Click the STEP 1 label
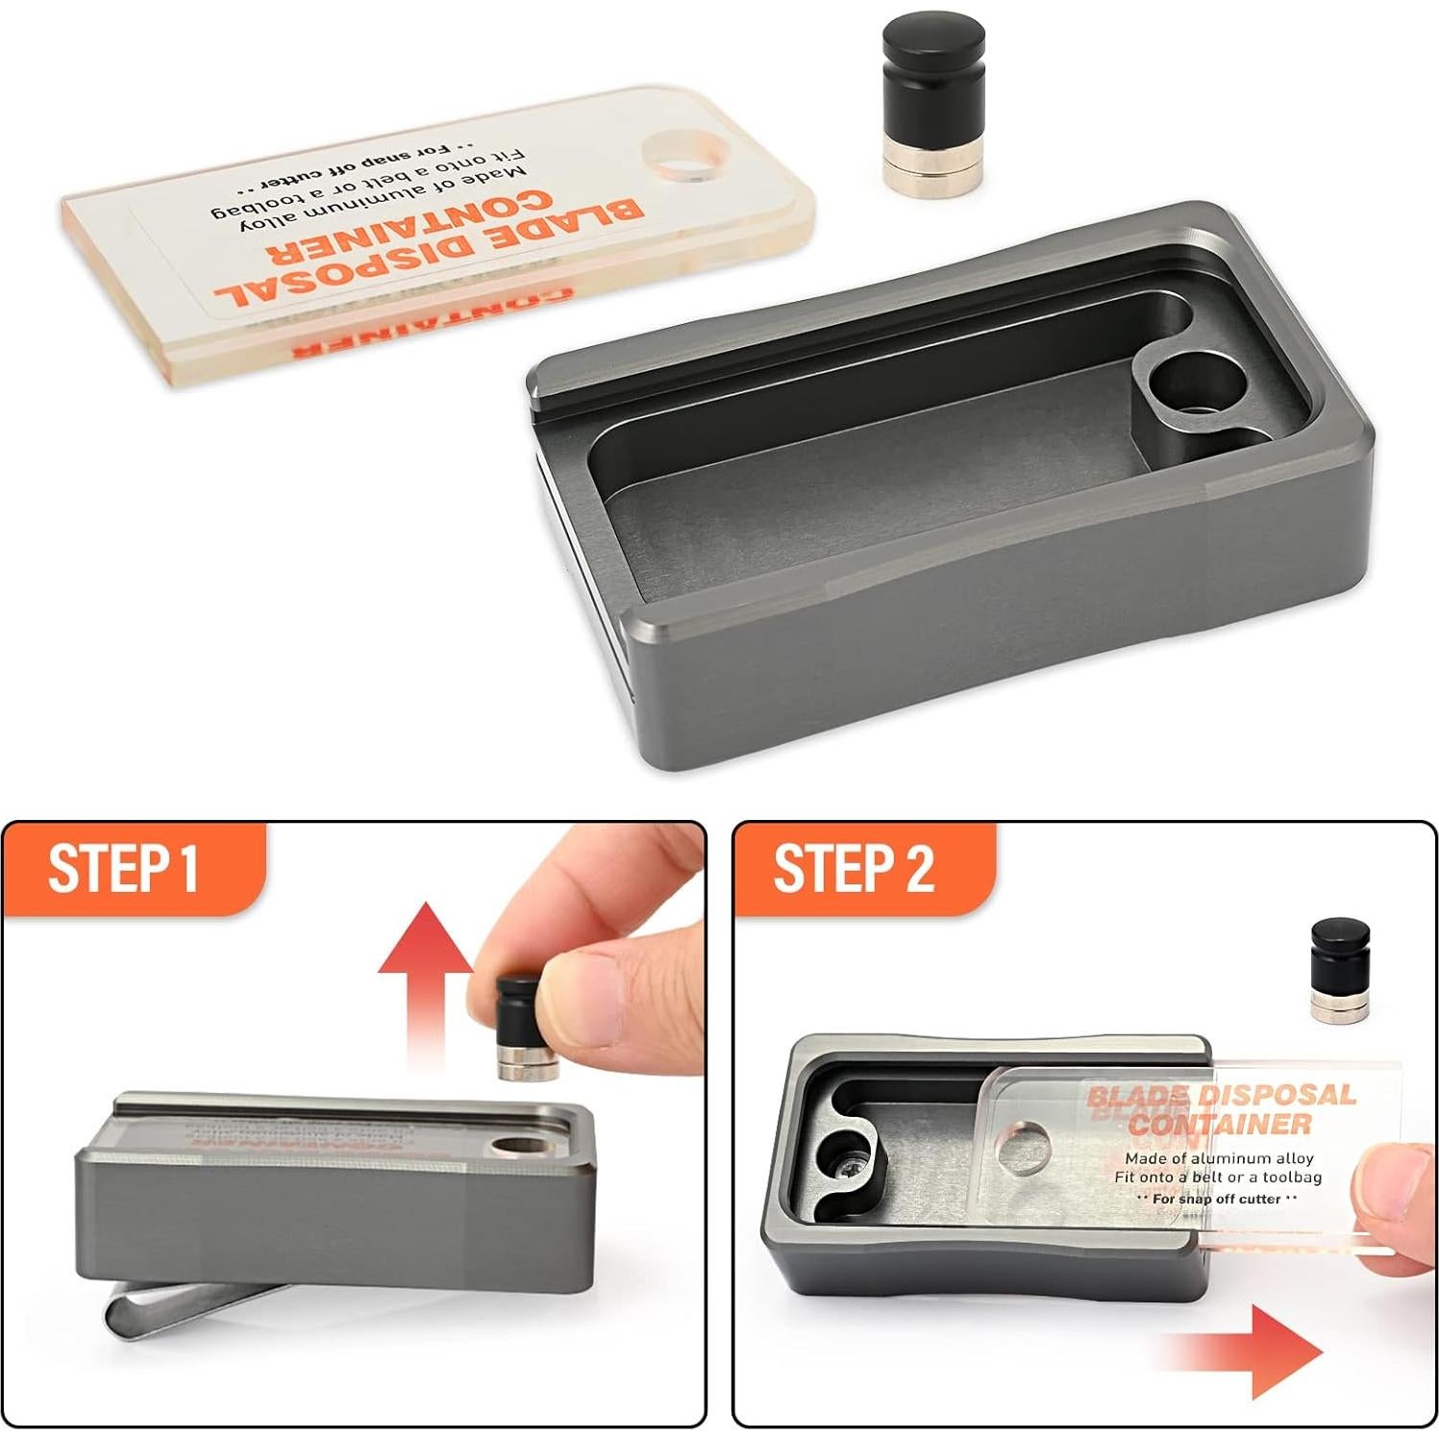pyautogui.click(x=123, y=868)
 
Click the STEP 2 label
pyautogui.click(x=854, y=868)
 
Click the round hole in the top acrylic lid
pyautogui.click(x=689, y=156)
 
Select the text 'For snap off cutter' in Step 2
pyautogui.click(x=1216, y=1199)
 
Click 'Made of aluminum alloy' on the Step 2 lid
pyautogui.click(x=1219, y=1158)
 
